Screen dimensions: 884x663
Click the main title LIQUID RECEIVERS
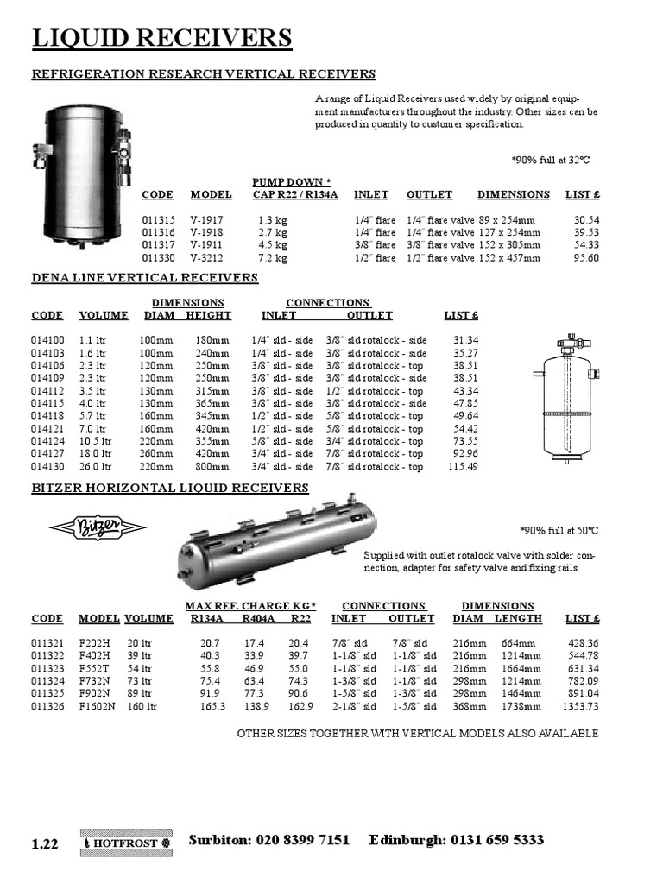coord(161,39)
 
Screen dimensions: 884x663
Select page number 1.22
coord(45,844)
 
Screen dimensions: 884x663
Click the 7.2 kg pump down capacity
coord(272,257)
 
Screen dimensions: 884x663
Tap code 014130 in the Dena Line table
coord(48,466)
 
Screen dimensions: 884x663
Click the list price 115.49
coord(460,466)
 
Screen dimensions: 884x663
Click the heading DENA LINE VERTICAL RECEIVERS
coord(145,278)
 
